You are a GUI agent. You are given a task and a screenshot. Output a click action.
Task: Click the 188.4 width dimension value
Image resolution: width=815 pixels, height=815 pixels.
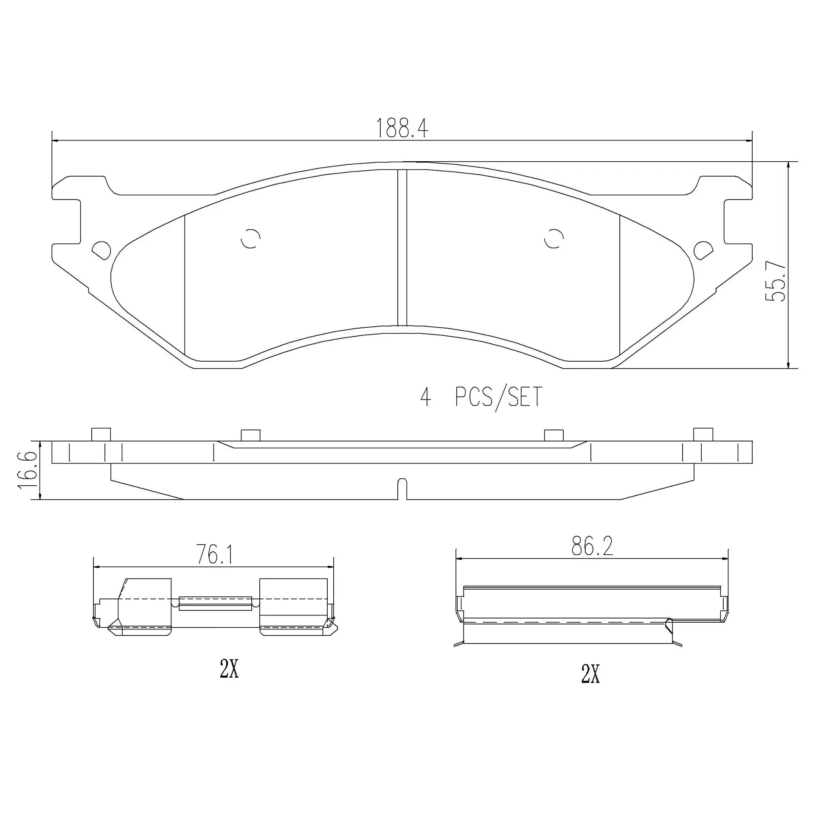(x=402, y=128)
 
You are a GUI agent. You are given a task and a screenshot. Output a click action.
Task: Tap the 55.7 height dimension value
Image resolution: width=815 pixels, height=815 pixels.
(x=776, y=281)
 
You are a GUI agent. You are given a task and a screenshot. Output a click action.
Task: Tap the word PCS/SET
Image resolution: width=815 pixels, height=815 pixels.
(x=499, y=397)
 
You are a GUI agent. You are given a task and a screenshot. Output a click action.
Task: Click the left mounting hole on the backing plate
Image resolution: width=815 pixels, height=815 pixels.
(x=101, y=250)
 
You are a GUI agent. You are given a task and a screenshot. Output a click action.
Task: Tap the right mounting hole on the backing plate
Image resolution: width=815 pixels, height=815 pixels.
(x=703, y=250)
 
